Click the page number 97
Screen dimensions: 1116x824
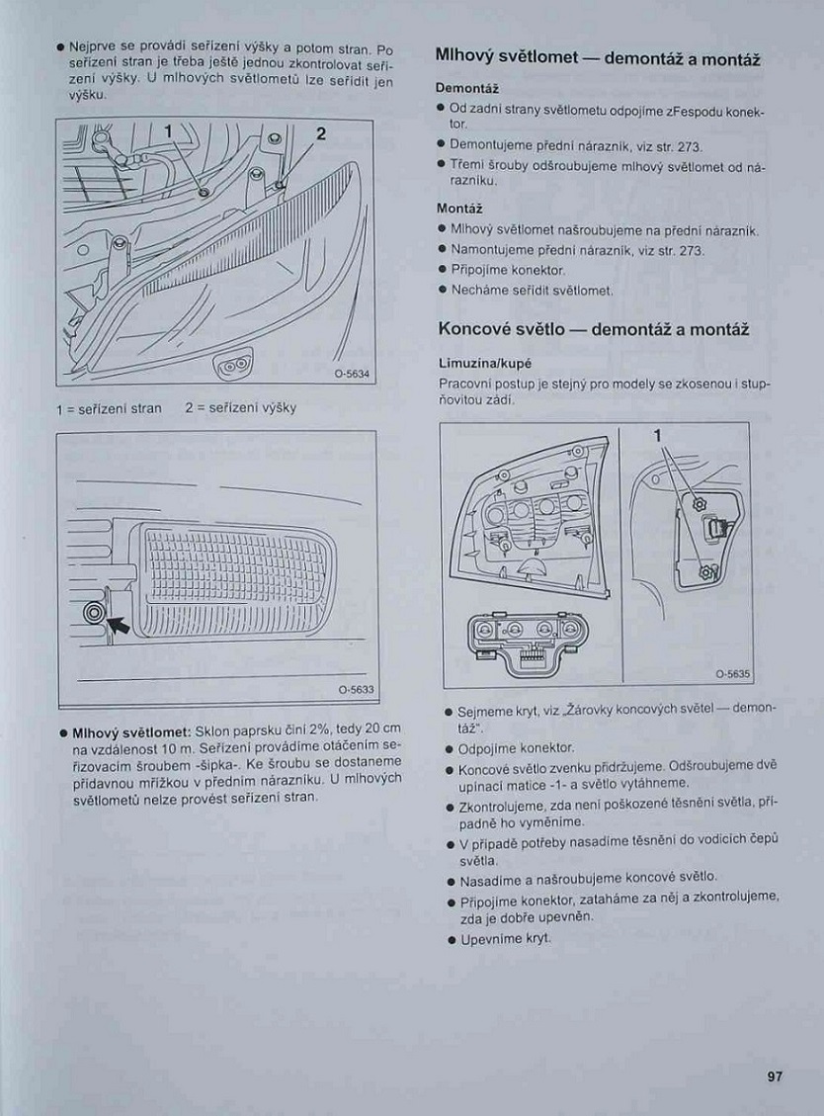[774, 1076]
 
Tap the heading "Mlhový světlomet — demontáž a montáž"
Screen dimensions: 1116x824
[598, 58]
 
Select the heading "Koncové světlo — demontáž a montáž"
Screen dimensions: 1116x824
[593, 329]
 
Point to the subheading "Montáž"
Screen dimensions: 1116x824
[458, 209]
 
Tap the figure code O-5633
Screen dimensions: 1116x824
[355, 689]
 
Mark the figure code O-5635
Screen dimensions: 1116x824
[733, 674]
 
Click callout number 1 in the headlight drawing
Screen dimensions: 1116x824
[168, 131]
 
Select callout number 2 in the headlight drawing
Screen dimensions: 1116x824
[321, 133]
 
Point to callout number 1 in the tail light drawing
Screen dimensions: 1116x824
[657, 436]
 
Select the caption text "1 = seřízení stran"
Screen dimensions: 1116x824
[109, 408]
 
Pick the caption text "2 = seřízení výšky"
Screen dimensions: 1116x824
[240, 408]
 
